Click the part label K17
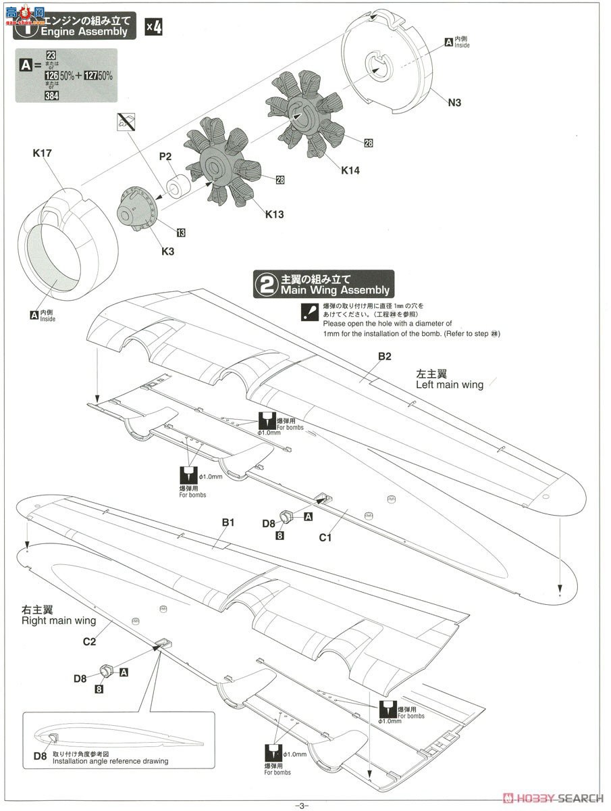click(x=42, y=154)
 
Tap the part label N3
click(x=454, y=103)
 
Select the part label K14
click(x=350, y=170)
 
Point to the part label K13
click(x=274, y=214)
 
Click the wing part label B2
click(x=384, y=356)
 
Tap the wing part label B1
click(x=228, y=522)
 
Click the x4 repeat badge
click(x=154, y=28)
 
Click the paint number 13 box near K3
click(x=180, y=233)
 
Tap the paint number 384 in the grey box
click(x=52, y=96)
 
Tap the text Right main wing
click(x=58, y=620)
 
